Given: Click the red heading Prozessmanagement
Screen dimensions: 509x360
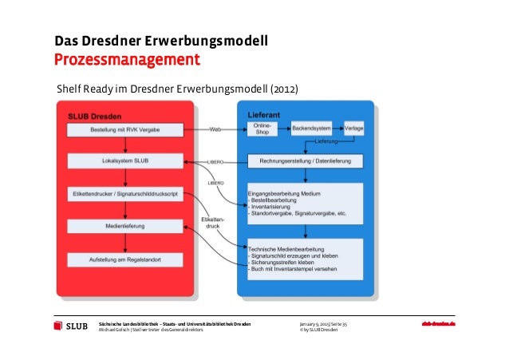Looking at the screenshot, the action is pos(126,61).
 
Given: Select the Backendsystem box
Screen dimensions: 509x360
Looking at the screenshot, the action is pos(313,128).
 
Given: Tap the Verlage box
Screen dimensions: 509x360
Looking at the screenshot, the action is pos(354,128).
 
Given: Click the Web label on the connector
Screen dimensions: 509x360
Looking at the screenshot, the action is pos(215,129).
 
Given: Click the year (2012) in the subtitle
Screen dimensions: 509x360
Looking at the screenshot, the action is pos(285,88).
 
